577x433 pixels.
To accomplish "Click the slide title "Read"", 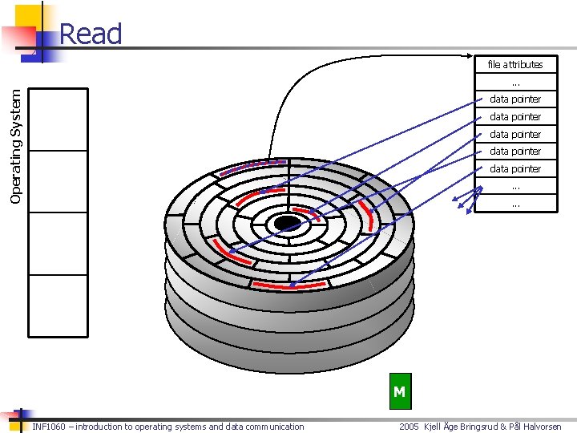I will [91, 34].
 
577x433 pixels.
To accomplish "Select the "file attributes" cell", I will [515, 64].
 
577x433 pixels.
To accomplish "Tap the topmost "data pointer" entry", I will [515, 99].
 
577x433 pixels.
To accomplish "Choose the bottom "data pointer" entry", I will [515, 169].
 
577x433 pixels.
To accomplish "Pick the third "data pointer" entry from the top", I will [515, 135].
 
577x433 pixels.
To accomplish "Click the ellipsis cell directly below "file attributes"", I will [515, 82].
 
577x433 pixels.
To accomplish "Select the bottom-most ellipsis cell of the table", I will [515, 204].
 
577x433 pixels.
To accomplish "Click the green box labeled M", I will [399, 392].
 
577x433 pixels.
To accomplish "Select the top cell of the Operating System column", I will [58, 119].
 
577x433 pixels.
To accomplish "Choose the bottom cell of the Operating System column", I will [58, 306].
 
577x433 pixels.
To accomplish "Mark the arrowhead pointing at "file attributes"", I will [473, 56].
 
